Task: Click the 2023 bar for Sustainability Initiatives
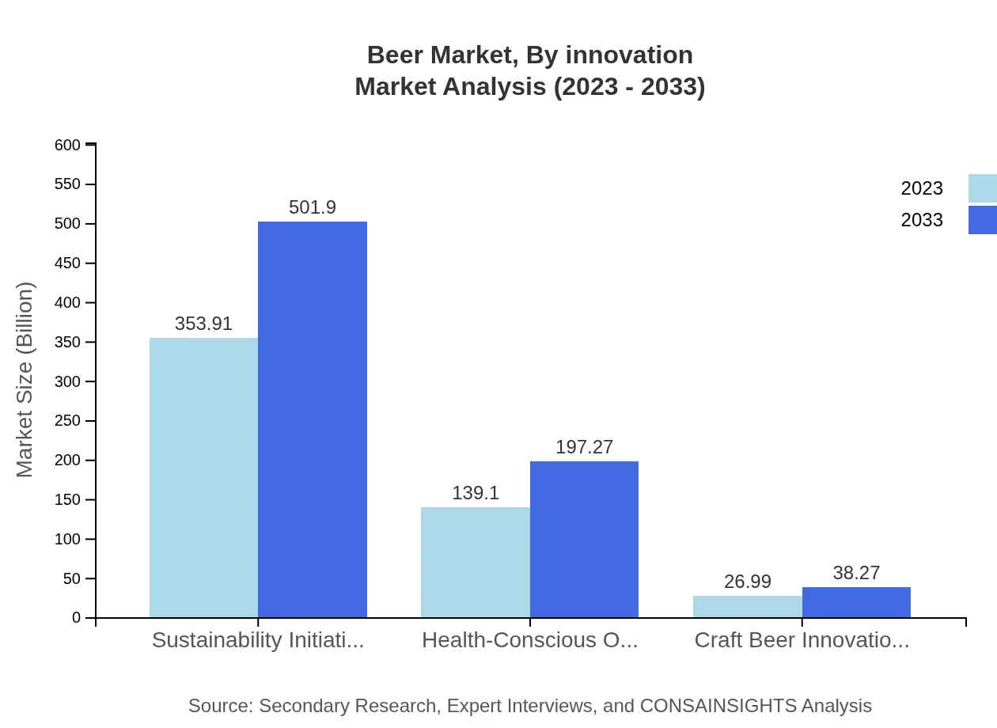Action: pos(203,478)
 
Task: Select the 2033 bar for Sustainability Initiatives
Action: pos(313,419)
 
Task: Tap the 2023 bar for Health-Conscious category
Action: pos(476,563)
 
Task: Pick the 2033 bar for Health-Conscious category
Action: pos(584,540)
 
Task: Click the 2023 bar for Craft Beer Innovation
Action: pos(747,607)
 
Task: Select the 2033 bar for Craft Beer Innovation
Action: pos(856,602)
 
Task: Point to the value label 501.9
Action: pos(313,207)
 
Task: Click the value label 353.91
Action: pos(203,324)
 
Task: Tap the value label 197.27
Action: pos(584,447)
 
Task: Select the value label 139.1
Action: pos(476,493)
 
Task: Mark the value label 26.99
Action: pos(747,582)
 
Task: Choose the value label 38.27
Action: pos(856,573)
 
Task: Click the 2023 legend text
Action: pos(922,188)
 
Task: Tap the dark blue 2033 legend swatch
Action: pos(982,220)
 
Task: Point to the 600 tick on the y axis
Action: pos(67,145)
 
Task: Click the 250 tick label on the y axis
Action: pos(67,421)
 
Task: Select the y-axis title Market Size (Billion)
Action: pos(25,380)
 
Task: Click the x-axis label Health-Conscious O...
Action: pos(529,640)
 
